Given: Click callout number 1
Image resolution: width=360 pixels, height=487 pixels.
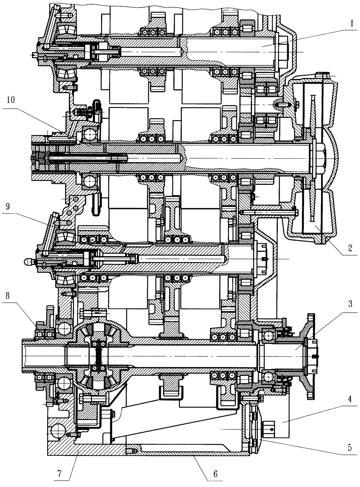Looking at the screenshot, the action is pos(352,23).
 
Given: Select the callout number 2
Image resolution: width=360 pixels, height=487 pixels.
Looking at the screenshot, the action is pos(350,248).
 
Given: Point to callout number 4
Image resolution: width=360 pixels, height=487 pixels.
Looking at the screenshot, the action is pos(350,399).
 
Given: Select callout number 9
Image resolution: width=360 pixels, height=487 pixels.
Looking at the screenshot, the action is pos(8,206).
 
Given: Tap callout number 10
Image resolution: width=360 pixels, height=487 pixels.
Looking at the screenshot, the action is pos(10,100).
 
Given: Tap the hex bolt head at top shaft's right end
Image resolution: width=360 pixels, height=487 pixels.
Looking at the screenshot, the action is pos(283,52).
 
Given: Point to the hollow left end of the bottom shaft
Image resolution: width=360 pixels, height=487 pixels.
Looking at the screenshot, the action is pos(44,355).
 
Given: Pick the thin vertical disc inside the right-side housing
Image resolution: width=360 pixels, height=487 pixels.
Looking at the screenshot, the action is pos(313,158).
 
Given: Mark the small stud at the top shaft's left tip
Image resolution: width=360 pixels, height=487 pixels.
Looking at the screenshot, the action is pos(34,54).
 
